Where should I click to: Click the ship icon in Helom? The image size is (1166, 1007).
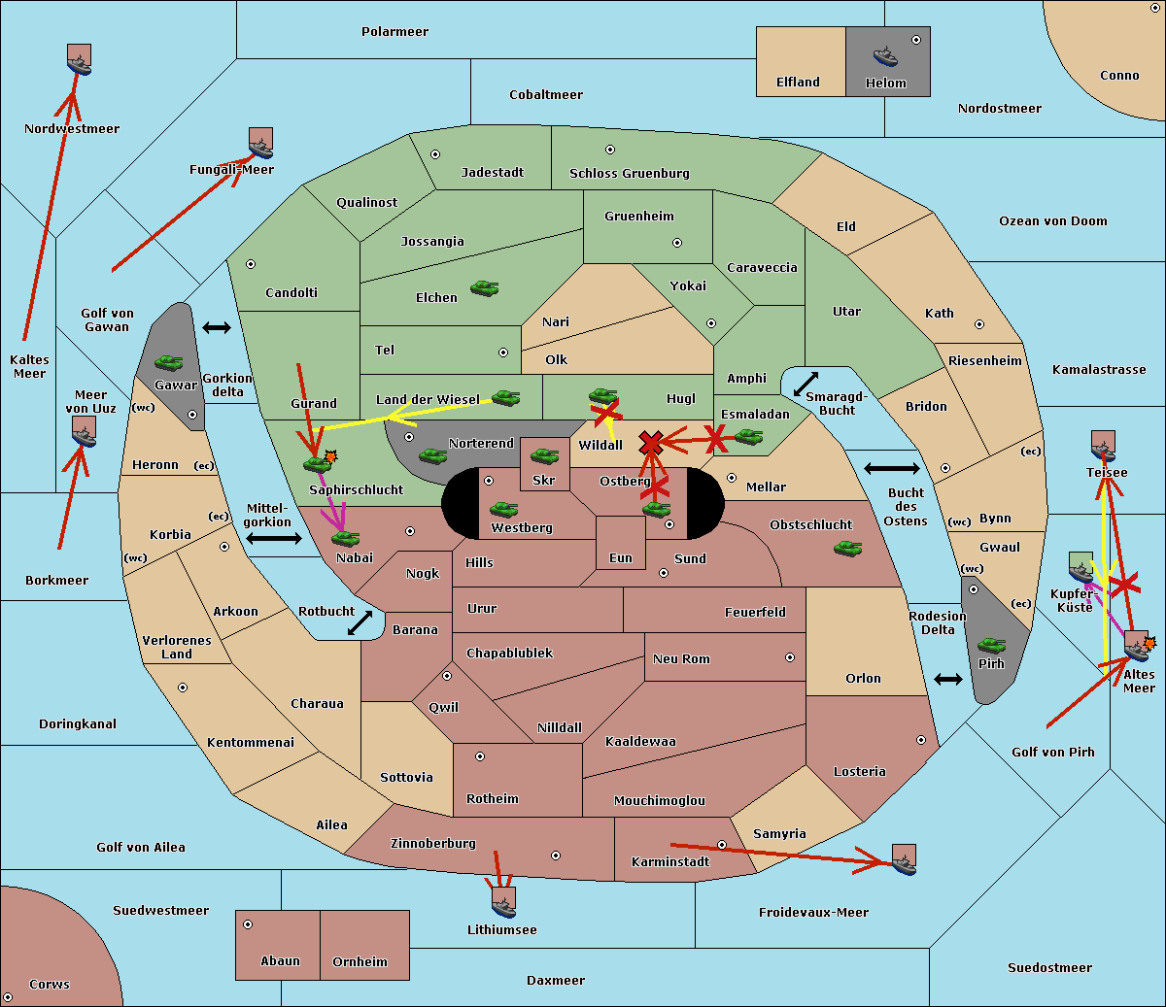pos(885,56)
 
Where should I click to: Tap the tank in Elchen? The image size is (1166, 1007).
pos(485,288)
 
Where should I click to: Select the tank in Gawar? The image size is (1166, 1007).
pos(169,362)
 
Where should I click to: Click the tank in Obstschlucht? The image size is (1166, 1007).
pos(848,548)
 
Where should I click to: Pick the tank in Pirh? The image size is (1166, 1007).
pos(991,645)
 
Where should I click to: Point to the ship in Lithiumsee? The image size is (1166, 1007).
pos(503,903)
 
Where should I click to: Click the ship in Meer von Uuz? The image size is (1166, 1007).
pos(85,432)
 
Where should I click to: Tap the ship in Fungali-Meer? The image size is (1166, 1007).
pos(260,143)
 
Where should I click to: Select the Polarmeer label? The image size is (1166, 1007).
pos(394,32)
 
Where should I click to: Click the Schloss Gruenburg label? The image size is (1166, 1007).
pos(630,173)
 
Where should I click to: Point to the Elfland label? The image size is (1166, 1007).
pos(798,83)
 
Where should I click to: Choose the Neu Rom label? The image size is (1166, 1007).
pos(681,658)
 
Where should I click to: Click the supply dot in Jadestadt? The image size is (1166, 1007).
pos(435,154)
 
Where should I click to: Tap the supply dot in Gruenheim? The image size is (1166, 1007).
pos(677,243)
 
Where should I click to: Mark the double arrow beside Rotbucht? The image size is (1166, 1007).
pos(360,623)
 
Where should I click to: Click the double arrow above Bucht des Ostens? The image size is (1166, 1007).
pos(892,468)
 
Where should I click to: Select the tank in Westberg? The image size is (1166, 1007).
pos(503,510)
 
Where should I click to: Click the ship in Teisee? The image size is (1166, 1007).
pos(1103,447)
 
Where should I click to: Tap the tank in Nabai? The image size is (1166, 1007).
pos(345,538)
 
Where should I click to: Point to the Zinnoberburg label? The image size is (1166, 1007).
pos(433,844)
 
